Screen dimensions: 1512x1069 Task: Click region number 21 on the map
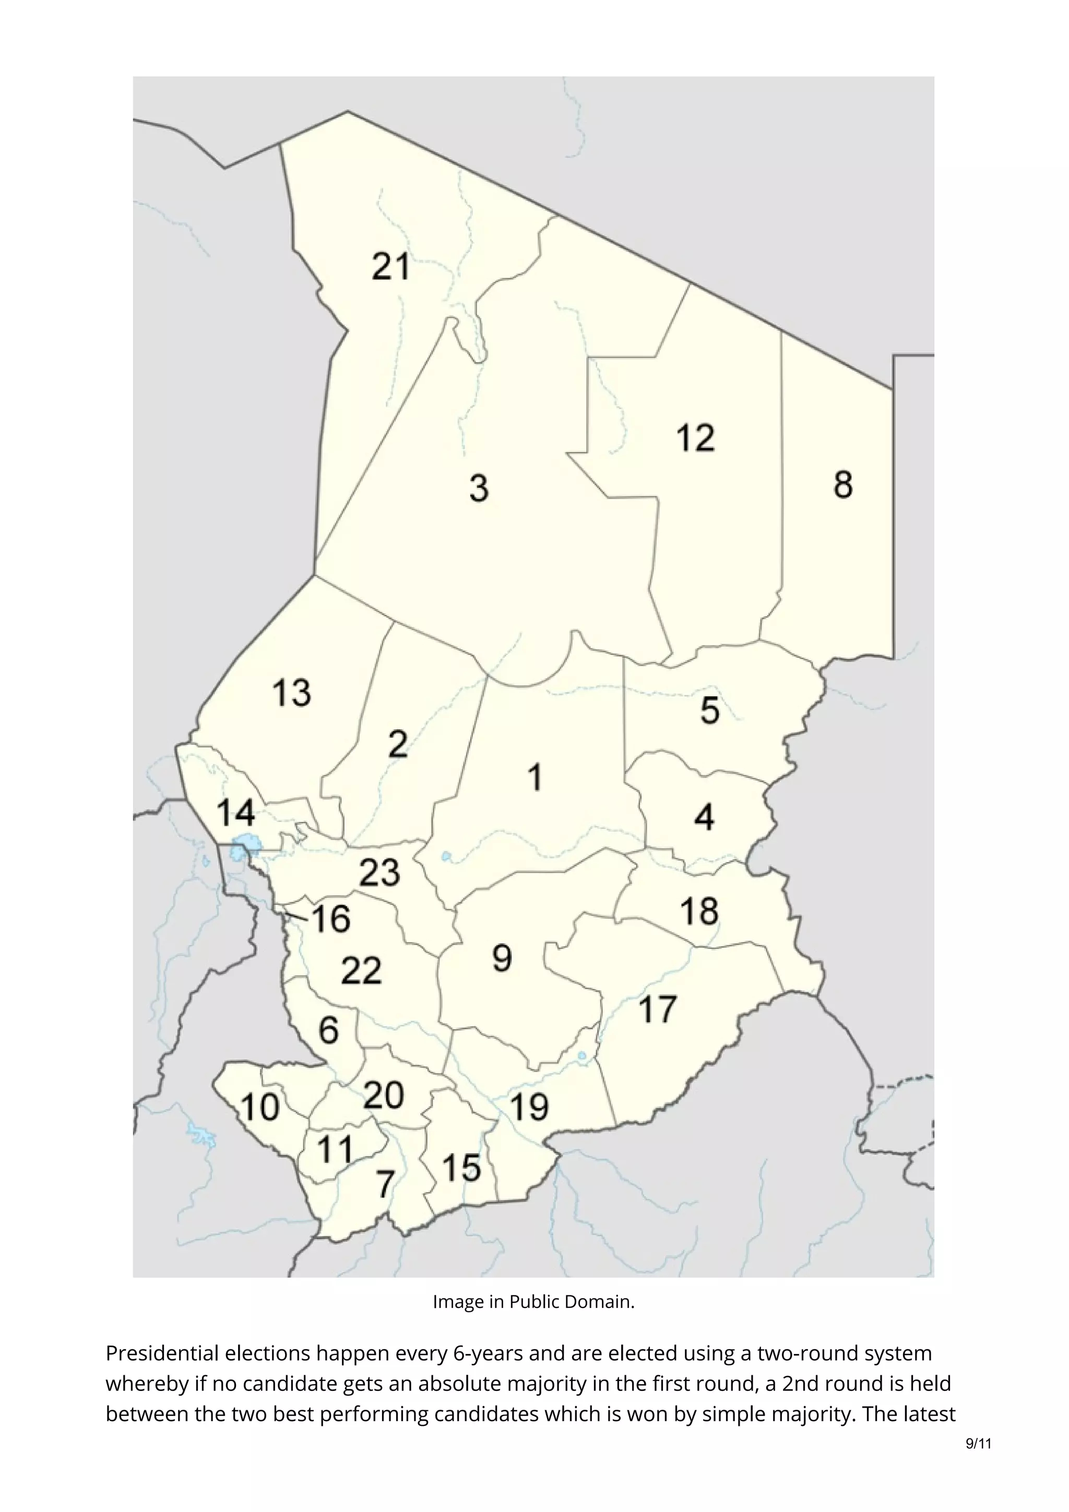pos(390,267)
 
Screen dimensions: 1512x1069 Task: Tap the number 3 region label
pos(479,489)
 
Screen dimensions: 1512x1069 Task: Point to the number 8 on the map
pos(843,485)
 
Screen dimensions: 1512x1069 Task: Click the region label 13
pos(291,693)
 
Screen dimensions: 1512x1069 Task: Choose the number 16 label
pos(330,919)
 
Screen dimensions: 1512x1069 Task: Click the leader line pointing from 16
pos(296,914)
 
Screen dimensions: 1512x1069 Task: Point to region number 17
pos(658,1010)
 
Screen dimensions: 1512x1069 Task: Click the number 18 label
pos(699,912)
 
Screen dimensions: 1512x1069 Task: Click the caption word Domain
pos(604,1302)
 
